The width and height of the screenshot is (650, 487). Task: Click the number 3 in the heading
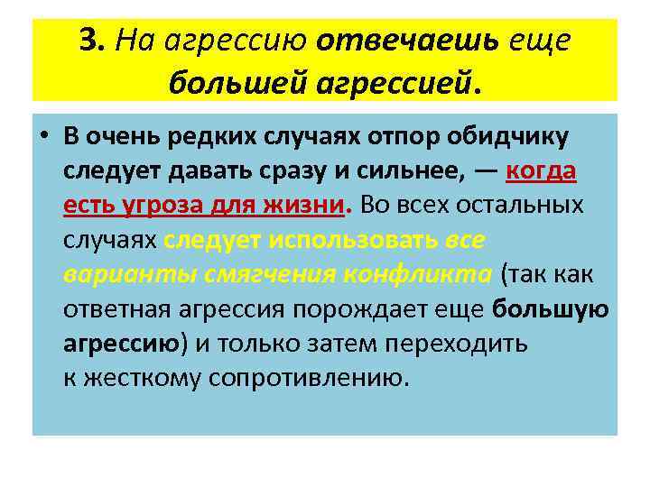click(x=87, y=41)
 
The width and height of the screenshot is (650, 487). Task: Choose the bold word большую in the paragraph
click(x=551, y=308)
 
